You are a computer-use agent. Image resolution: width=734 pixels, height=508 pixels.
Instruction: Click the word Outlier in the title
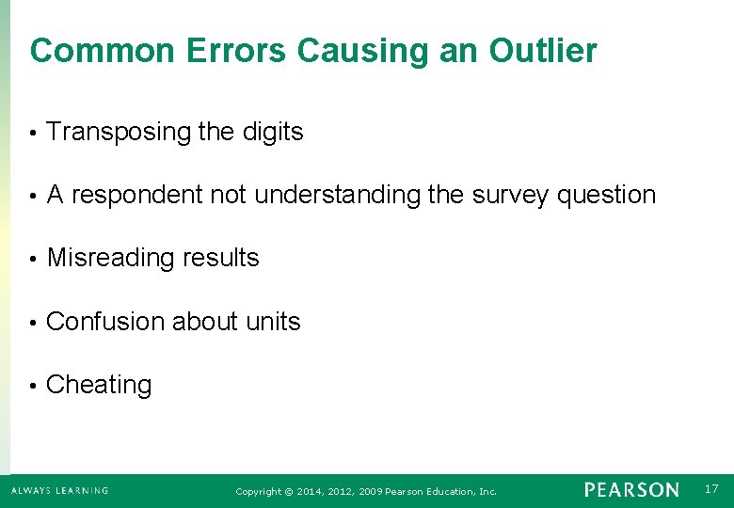pyautogui.click(x=543, y=51)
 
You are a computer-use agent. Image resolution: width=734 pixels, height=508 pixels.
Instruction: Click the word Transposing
pyautogui.click(x=119, y=133)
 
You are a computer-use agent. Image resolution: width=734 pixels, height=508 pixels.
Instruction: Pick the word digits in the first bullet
pyautogui.click(x=273, y=133)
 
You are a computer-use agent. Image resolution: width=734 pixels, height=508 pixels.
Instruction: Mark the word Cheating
pyautogui.click(x=99, y=385)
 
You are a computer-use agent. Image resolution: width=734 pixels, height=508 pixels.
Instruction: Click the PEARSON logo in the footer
pyautogui.click(x=630, y=490)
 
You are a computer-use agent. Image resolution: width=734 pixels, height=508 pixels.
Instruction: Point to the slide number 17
pyautogui.click(x=710, y=488)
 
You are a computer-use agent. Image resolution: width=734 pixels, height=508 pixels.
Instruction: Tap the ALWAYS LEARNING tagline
pyautogui.click(x=59, y=491)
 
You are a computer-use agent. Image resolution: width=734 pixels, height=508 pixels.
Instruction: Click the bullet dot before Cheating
pyautogui.click(x=32, y=386)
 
